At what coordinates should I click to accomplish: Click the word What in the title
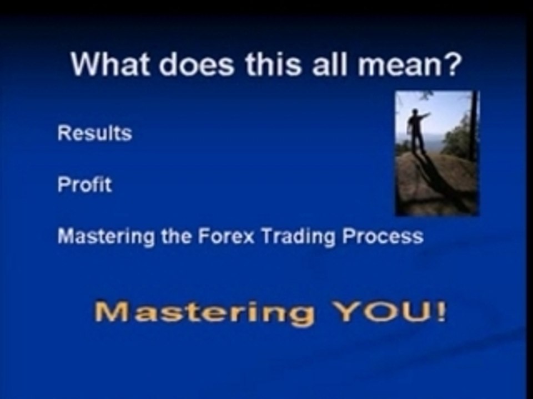coord(110,64)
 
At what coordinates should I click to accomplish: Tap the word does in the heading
coord(197,64)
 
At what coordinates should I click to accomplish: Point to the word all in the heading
coord(330,64)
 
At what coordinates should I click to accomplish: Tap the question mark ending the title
coord(450,64)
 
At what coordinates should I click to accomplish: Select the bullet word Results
coord(95,133)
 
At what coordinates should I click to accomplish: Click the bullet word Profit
coord(84,185)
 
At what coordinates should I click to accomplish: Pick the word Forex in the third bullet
coord(226,236)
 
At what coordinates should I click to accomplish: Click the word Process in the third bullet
coord(383,236)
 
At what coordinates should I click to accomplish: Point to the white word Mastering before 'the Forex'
coord(105,237)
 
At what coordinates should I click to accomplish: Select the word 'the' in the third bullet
coord(176,236)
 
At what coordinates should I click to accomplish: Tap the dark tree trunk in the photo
coord(473,126)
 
